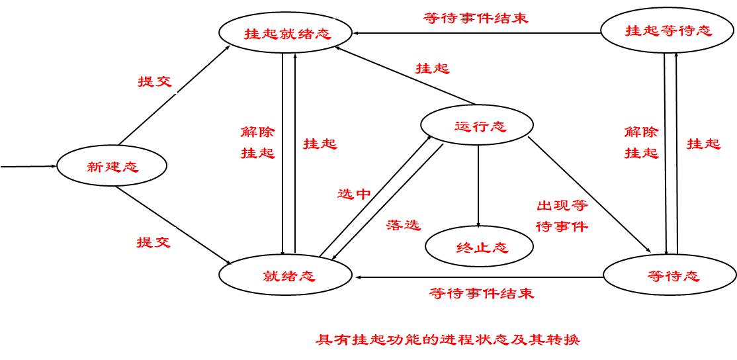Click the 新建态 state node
tap(112, 167)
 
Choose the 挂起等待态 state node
tap(668, 30)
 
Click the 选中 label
tap(354, 194)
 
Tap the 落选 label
tap(403, 225)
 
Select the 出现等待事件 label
tap(562, 216)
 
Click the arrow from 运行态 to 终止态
tap(478, 185)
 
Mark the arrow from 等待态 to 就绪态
tap(480, 277)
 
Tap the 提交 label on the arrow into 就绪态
tap(153, 242)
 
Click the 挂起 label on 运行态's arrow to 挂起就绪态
tap(432, 68)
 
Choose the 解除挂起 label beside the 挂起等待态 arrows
tap(641, 142)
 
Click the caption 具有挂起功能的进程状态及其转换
tap(447, 340)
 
